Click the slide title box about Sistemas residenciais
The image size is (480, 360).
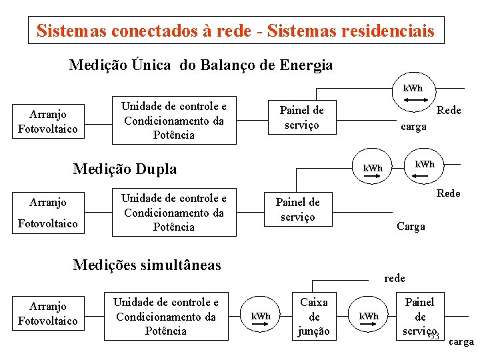(x=235, y=31)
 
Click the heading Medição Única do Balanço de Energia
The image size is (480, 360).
(x=201, y=65)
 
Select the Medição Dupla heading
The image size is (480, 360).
(x=125, y=169)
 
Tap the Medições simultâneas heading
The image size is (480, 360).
(x=147, y=265)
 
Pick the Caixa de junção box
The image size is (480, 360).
(x=314, y=317)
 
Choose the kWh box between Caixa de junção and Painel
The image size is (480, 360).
(x=369, y=316)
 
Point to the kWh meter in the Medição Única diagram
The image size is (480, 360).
(x=413, y=89)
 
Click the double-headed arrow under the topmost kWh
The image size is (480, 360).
(x=413, y=100)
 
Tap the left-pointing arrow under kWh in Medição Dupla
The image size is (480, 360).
(x=421, y=175)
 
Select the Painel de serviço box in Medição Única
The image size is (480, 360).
(x=301, y=117)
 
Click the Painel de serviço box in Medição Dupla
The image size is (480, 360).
(x=297, y=209)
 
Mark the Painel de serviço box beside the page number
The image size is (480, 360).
(x=419, y=317)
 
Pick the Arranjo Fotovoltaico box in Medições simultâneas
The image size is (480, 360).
(x=48, y=314)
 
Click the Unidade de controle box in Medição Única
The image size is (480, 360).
(x=175, y=121)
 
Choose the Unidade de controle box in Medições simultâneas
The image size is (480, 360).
(x=165, y=317)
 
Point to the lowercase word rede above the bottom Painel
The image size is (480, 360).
(x=395, y=278)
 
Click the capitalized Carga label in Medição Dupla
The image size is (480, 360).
(x=411, y=227)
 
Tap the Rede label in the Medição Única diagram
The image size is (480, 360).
(x=448, y=111)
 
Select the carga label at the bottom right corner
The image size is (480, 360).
(x=461, y=342)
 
